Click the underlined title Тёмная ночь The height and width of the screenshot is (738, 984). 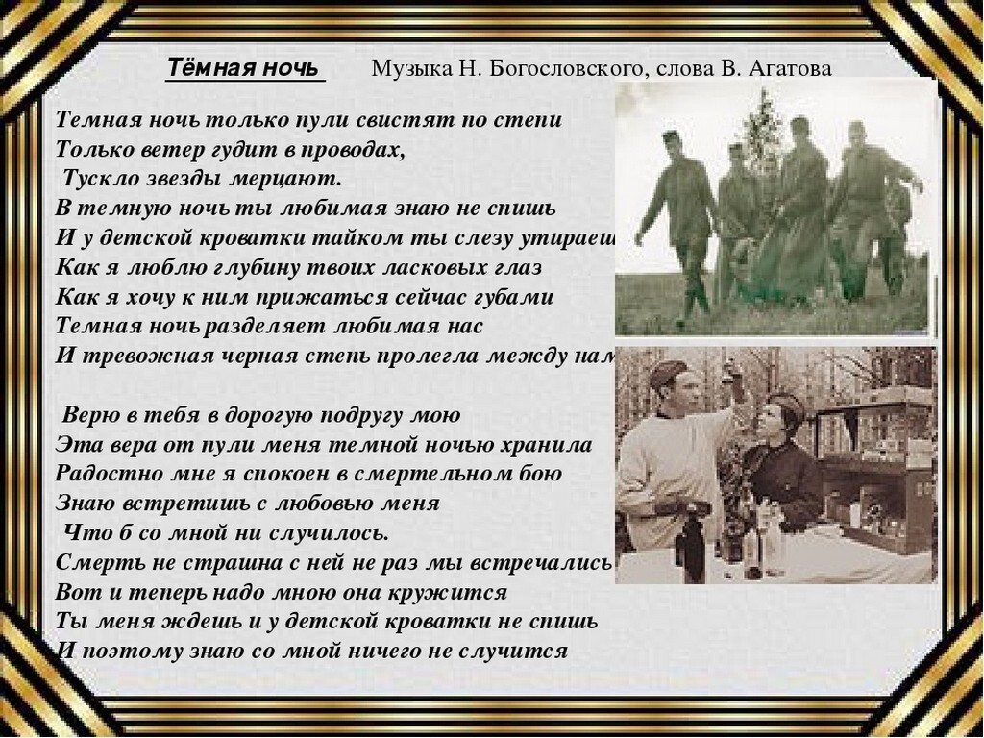(245, 68)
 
